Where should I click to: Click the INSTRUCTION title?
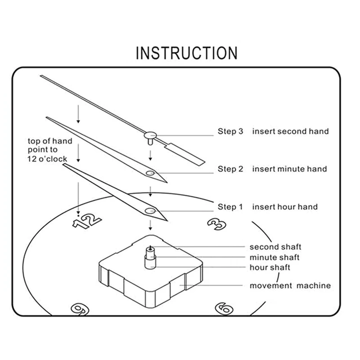point(186,53)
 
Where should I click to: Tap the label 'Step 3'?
point(230,131)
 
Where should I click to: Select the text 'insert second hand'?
point(290,131)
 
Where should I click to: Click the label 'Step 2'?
point(230,169)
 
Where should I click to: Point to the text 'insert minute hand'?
point(289,169)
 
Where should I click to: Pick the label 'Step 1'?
point(230,207)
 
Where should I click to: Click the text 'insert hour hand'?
point(284,207)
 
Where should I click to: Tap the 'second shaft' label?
point(275,247)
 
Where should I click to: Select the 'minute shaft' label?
point(274,257)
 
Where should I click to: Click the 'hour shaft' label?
point(270,268)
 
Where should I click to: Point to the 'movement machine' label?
point(290,286)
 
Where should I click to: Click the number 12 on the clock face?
point(86,220)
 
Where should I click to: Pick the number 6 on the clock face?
point(224,309)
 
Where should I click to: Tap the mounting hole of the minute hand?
point(150,172)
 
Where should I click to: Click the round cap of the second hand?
point(150,134)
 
